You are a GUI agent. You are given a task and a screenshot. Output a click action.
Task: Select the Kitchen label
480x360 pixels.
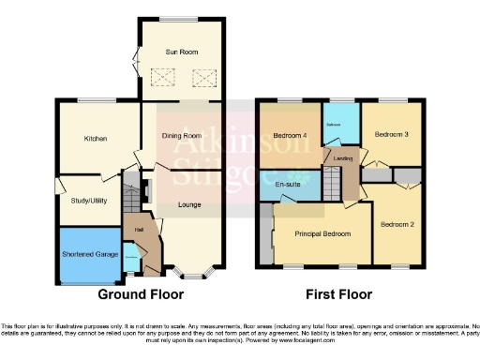click(x=96, y=139)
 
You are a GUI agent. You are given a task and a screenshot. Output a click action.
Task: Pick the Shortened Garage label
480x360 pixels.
click(x=90, y=254)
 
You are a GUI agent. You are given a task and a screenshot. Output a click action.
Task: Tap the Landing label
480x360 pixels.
click(x=343, y=158)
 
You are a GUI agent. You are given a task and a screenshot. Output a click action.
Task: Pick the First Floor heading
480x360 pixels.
click(x=333, y=293)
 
